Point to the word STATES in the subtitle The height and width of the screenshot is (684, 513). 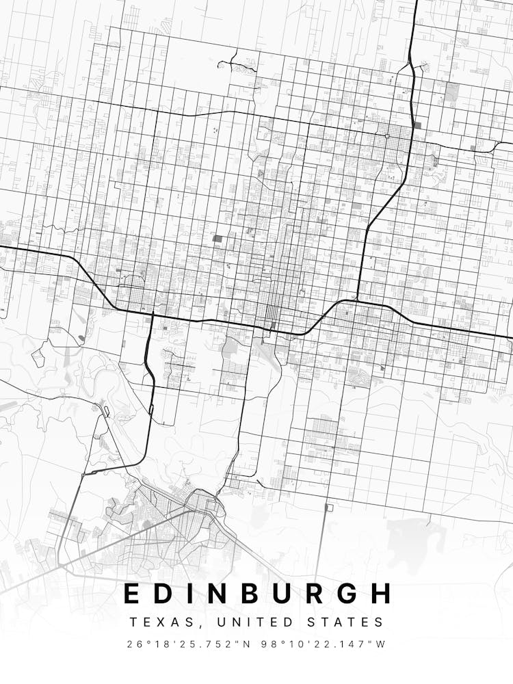coord(350,622)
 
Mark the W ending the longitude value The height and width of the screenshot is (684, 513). coord(381,644)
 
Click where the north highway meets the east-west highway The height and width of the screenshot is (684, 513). coord(356,300)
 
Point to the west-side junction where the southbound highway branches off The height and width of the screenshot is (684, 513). coord(152,315)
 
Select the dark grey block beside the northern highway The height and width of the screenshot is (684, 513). coord(417,125)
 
